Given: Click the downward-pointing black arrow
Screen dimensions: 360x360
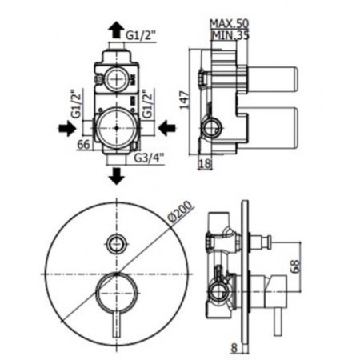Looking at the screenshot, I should click(117, 174).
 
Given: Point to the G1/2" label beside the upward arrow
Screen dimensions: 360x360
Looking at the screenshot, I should click(143, 34).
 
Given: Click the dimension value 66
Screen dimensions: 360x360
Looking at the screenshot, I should click(83, 145).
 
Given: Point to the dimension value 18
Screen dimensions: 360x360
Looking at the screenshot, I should click(204, 163).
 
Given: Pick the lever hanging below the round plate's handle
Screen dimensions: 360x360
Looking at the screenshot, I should click(117, 316).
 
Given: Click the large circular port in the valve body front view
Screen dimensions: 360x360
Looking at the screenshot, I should click(117, 126).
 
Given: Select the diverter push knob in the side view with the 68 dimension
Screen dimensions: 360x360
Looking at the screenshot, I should click(262, 241).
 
